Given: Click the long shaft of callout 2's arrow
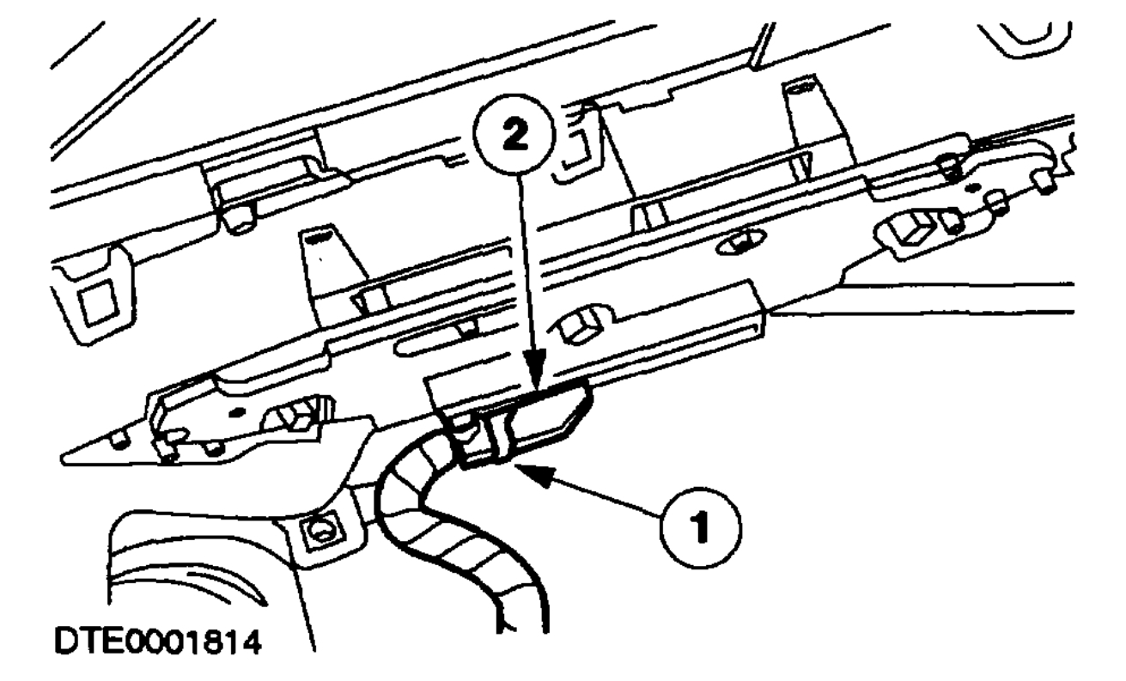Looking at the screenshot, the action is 520,275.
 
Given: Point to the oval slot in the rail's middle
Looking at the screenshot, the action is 744,240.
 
